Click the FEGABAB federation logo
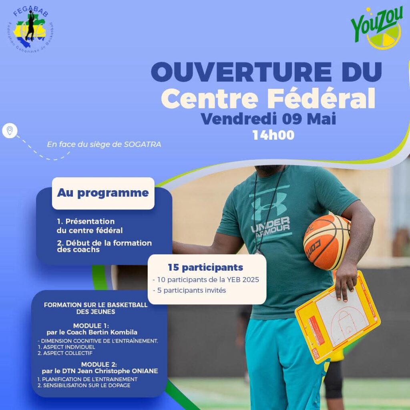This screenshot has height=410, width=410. click(x=31, y=29)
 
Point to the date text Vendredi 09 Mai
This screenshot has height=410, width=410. click(x=268, y=119)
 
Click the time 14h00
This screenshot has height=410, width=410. click(x=273, y=135)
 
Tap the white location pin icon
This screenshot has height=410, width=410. click(x=10, y=131)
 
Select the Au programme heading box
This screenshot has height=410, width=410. click(x=103, y=193)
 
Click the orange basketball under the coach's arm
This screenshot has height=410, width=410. click(x=327, y=242)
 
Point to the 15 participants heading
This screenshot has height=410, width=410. click(x=205, y=267)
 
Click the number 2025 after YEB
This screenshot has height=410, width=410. click(x=251, y=280)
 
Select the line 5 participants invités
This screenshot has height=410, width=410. click(x=189, y=291)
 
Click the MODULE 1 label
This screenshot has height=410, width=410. click(x=91, y=326)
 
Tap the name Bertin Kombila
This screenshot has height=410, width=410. click(x=113, y=332)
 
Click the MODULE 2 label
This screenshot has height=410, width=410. click(x=99, y=364)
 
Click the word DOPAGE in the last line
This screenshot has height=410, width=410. click(x=119, y=386)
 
